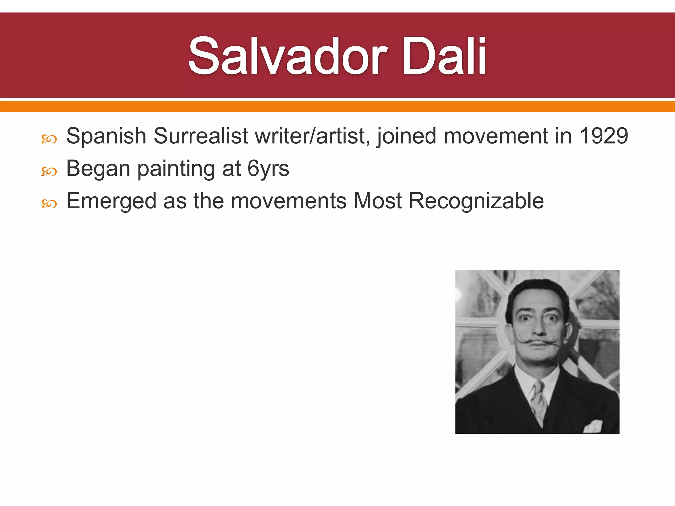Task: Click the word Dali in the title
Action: click(x=444, y=56)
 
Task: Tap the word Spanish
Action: click(x=106, y=136)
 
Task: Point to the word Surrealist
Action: click(x=201, y=136)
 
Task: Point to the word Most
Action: click(x=378, y=201)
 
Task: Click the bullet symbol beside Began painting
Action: click(x=49, y=172)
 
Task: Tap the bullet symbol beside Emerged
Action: click(x=49, y=204)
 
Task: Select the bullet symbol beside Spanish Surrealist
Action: click(x=49, y=139)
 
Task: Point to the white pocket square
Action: click(x=593, y=426)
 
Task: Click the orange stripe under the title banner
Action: click(x=337, y=106)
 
